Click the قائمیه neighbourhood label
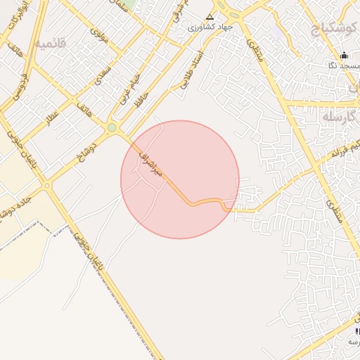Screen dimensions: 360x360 [52, 44]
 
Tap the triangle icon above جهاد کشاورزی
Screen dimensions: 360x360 [209, 16]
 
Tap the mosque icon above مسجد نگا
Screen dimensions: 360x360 [344, 56]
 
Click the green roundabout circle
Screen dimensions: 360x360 [112, 127]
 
